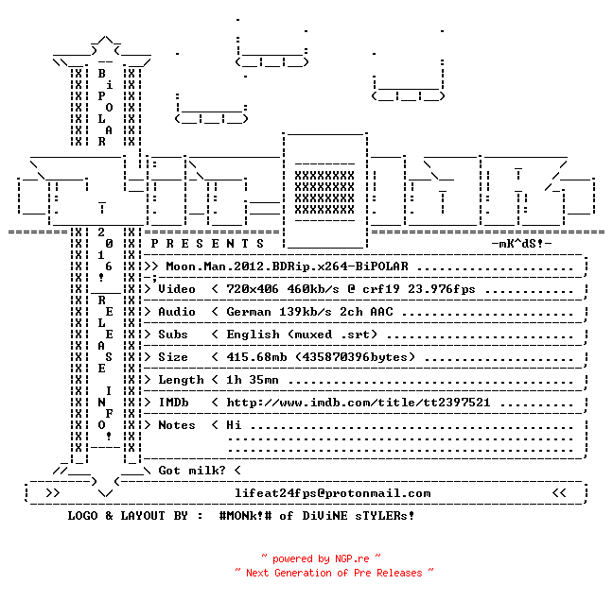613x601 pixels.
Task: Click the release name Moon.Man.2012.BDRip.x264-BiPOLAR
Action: coord(287,266)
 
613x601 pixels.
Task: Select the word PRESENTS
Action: coord(207,244)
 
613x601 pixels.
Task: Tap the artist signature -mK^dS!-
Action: coord(521,244)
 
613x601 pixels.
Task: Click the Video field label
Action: coord(177,289)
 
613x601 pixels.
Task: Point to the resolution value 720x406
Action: coord(253,289)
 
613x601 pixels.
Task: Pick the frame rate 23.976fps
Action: coord(442,289)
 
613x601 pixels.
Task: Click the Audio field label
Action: coord(177,312)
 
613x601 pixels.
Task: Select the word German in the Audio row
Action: coord(249,312)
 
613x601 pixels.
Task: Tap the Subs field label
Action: coord(173,335)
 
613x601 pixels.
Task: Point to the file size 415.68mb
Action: coord(256,357)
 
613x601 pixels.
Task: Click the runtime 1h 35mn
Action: coord(253,380)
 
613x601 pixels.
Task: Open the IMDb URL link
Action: coord(359,403)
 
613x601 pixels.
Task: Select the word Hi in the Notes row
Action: coord(234,425)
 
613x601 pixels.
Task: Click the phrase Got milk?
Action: coord(192,471)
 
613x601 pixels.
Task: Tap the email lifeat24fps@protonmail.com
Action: coord(332,493)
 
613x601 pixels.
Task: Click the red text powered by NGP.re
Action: coord(321,558)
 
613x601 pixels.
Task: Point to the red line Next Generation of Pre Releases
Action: coord(334,573)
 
